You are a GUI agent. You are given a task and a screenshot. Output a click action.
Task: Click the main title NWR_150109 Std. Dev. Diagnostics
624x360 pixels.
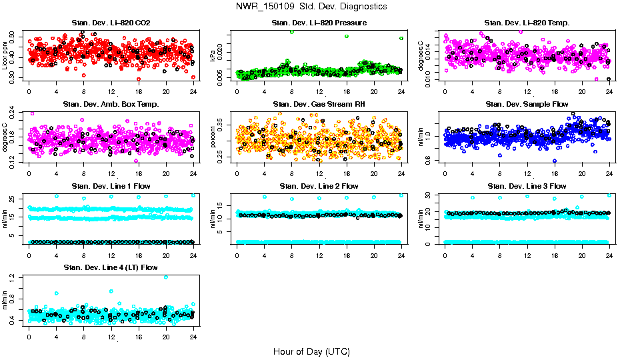pos(311,7)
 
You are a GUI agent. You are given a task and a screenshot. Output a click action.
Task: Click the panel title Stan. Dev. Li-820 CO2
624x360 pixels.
pos(111,23)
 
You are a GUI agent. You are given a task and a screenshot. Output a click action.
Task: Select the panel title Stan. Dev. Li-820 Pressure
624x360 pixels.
pos(319,23)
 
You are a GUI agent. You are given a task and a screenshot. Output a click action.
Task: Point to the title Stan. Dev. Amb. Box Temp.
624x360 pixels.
pos(111,105)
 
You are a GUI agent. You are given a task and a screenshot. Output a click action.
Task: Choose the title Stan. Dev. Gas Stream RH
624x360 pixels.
pos(319,105)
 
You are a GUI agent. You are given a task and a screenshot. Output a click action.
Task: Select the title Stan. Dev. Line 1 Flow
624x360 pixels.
pos(111,186)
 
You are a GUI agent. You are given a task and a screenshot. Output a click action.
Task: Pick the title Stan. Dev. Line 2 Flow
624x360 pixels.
pos(319,186)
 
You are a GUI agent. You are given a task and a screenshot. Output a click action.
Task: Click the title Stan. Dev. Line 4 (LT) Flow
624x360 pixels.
pos(111,267)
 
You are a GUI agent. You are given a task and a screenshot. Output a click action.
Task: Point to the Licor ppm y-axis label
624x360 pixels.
pos(5,55)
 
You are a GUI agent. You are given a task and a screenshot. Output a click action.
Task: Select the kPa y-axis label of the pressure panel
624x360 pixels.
pos(213,55)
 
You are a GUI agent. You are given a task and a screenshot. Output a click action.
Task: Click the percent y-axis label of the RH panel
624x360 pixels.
pos(213,137)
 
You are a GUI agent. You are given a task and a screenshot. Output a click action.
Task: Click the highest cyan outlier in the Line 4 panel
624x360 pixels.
pos(166,277)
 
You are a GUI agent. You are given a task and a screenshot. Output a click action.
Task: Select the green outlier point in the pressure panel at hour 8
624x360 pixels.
pos(291,32)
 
